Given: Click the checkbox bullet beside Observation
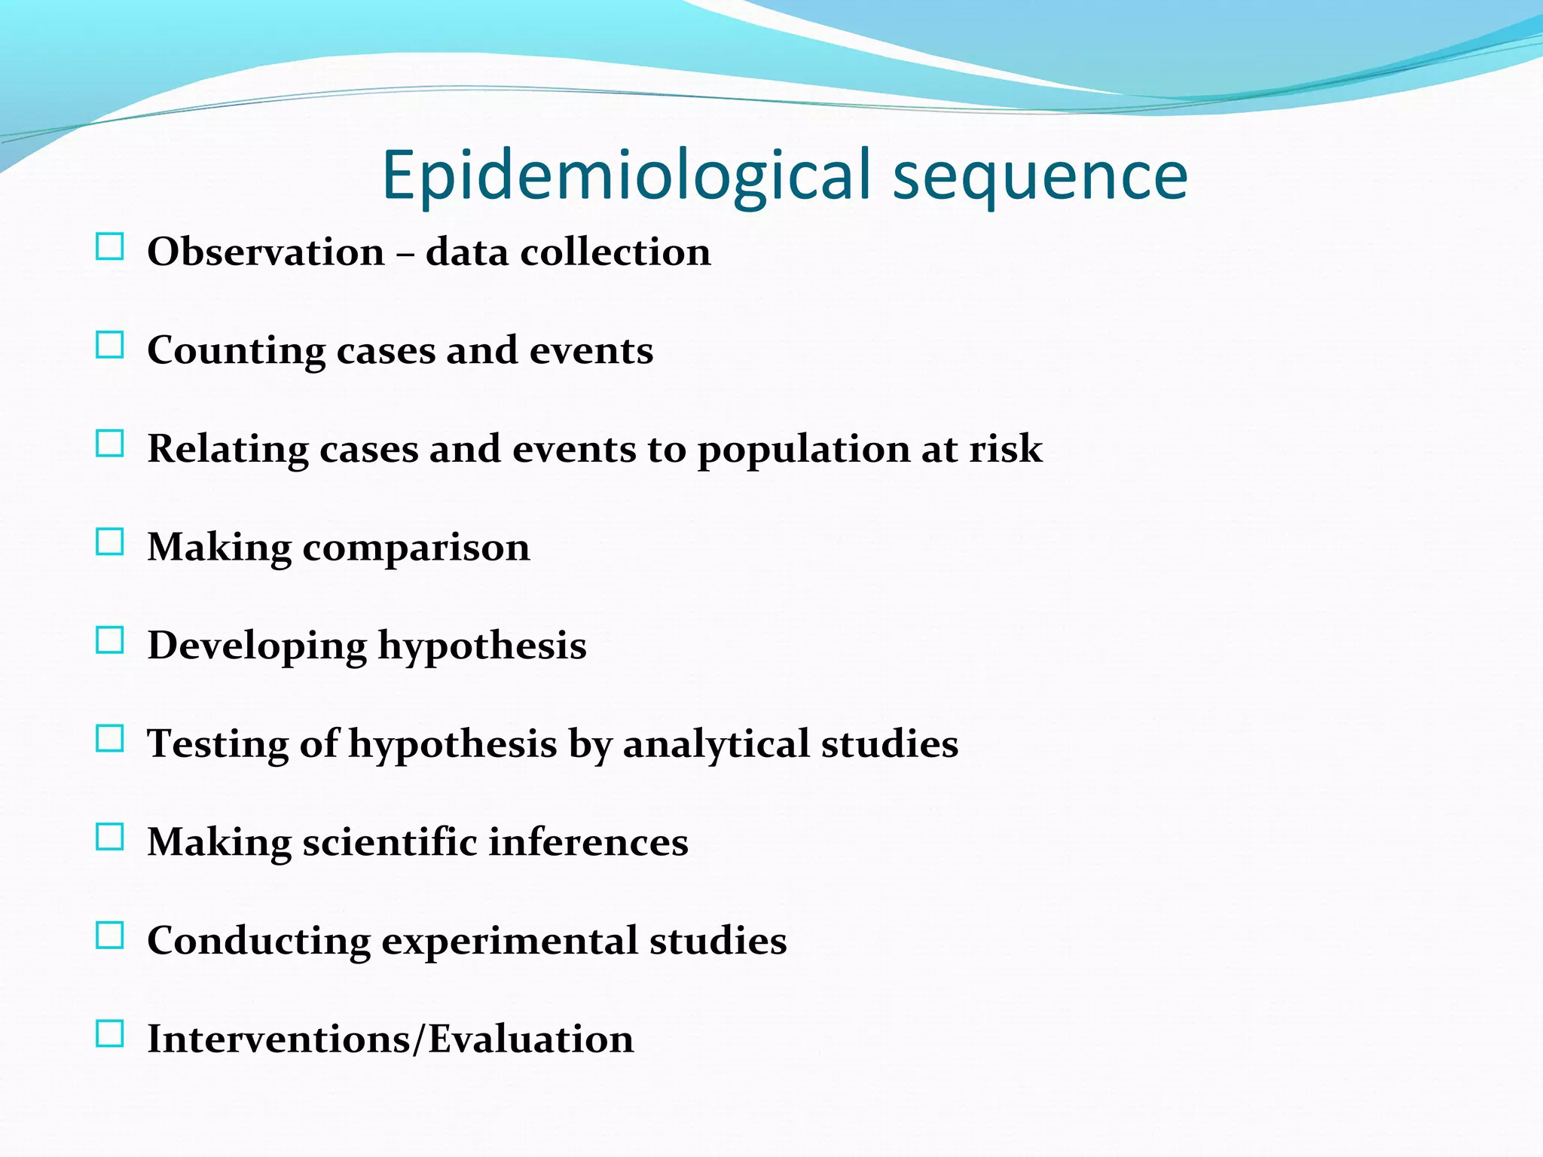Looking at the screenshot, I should (x=110, y=247).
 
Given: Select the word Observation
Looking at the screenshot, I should (x=265, y=252).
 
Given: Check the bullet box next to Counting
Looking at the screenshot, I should (x=110, y=346).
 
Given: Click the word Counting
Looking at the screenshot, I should (x=236, y=351).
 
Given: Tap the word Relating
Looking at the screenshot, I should (x=228, y=450).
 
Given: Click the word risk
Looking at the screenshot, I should (x=1006, y=449).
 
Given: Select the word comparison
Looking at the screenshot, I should (x=416, y=548).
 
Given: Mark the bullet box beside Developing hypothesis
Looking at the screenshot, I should (x=110, y=641).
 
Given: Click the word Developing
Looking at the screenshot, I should (x=256, y=646).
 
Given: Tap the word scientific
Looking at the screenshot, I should (x=390, y=842).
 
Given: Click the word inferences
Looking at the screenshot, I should (x=588, y=842).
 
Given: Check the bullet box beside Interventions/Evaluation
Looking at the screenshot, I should (x=110, y=1034).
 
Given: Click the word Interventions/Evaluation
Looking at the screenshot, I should (x=390, y=1039).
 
